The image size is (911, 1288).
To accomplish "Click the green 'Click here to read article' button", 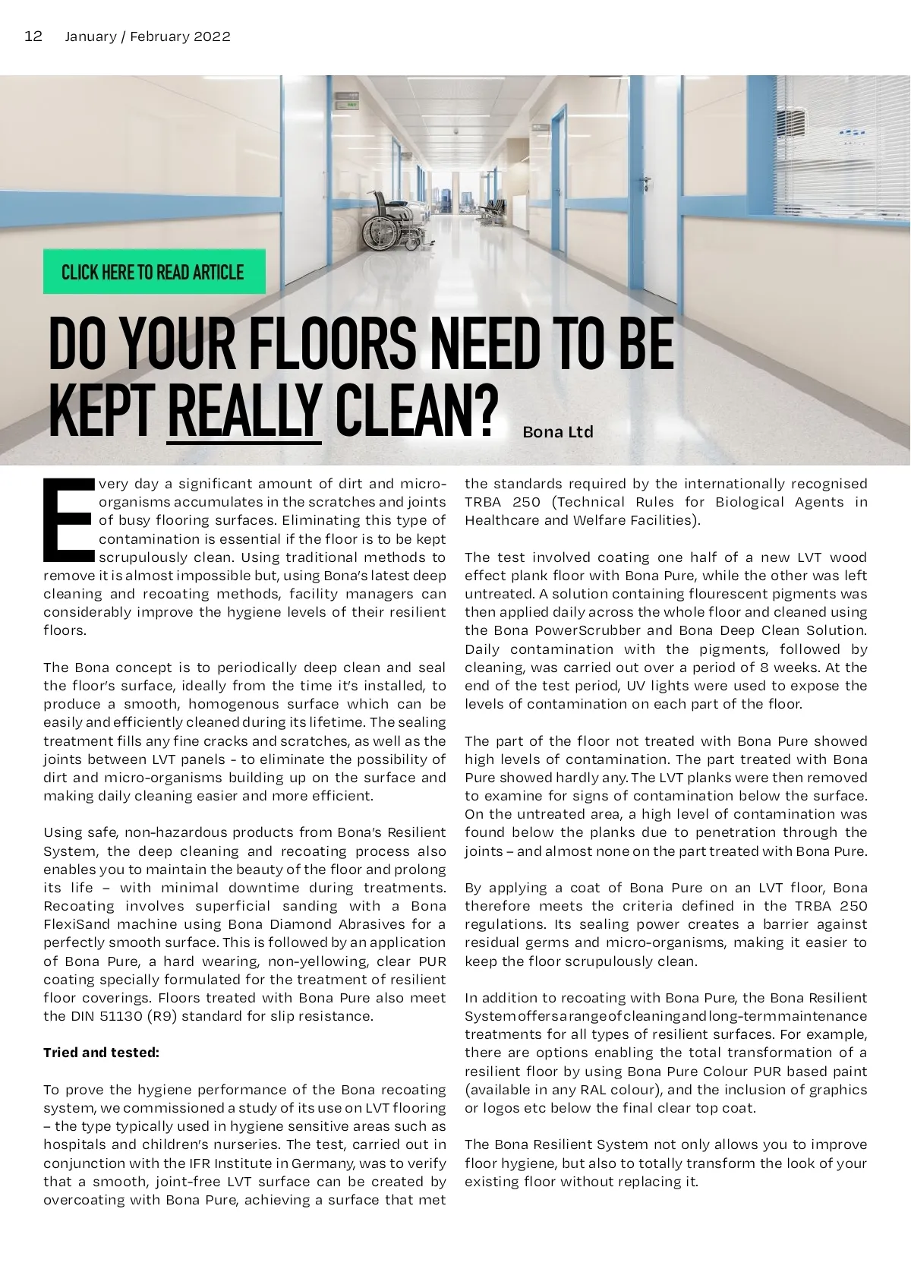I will coord(153,272).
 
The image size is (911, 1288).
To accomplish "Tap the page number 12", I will coord(33,36).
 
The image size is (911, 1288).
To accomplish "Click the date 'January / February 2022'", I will coord(147,36).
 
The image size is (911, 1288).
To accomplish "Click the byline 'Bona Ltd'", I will coord(558,432).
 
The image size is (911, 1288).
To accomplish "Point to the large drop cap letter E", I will coord(68,518).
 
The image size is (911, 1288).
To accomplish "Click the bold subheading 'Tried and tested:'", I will coord(101,1053).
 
